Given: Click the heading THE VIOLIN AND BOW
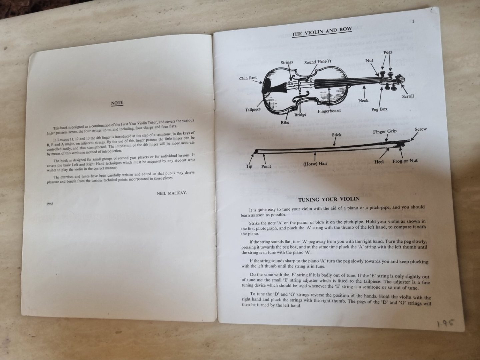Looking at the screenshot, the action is (x=322, y=32).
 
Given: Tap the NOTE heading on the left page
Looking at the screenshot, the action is (x=117, y=103).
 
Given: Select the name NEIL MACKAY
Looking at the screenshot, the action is (x=172, y=193).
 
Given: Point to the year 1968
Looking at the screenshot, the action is (x=50, y=204).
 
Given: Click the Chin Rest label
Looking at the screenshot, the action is (x=248, y=78).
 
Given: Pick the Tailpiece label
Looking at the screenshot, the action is (x=253, y=110).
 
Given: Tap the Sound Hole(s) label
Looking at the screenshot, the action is (x=318, y=62).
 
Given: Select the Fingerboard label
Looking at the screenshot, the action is (x=329, y=111).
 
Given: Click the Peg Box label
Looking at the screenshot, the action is (x=379, y=109).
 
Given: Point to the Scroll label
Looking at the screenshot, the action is (x=408, y=96).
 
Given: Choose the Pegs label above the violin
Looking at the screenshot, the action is (x=388, y=52).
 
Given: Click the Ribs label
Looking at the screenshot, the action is (x=285, y=122).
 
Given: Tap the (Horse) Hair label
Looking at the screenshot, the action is (x=315, y=163).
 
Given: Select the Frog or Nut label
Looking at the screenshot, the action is (x=405, y=161).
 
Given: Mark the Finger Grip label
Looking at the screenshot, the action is (x=385, y=132).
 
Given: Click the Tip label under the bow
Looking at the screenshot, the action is (x=249, y=166).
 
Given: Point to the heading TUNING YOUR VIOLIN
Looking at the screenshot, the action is (x=329, y=199).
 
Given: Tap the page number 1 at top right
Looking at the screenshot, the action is (x=413, y=21).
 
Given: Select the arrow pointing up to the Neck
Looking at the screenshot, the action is (x=364, y=92).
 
